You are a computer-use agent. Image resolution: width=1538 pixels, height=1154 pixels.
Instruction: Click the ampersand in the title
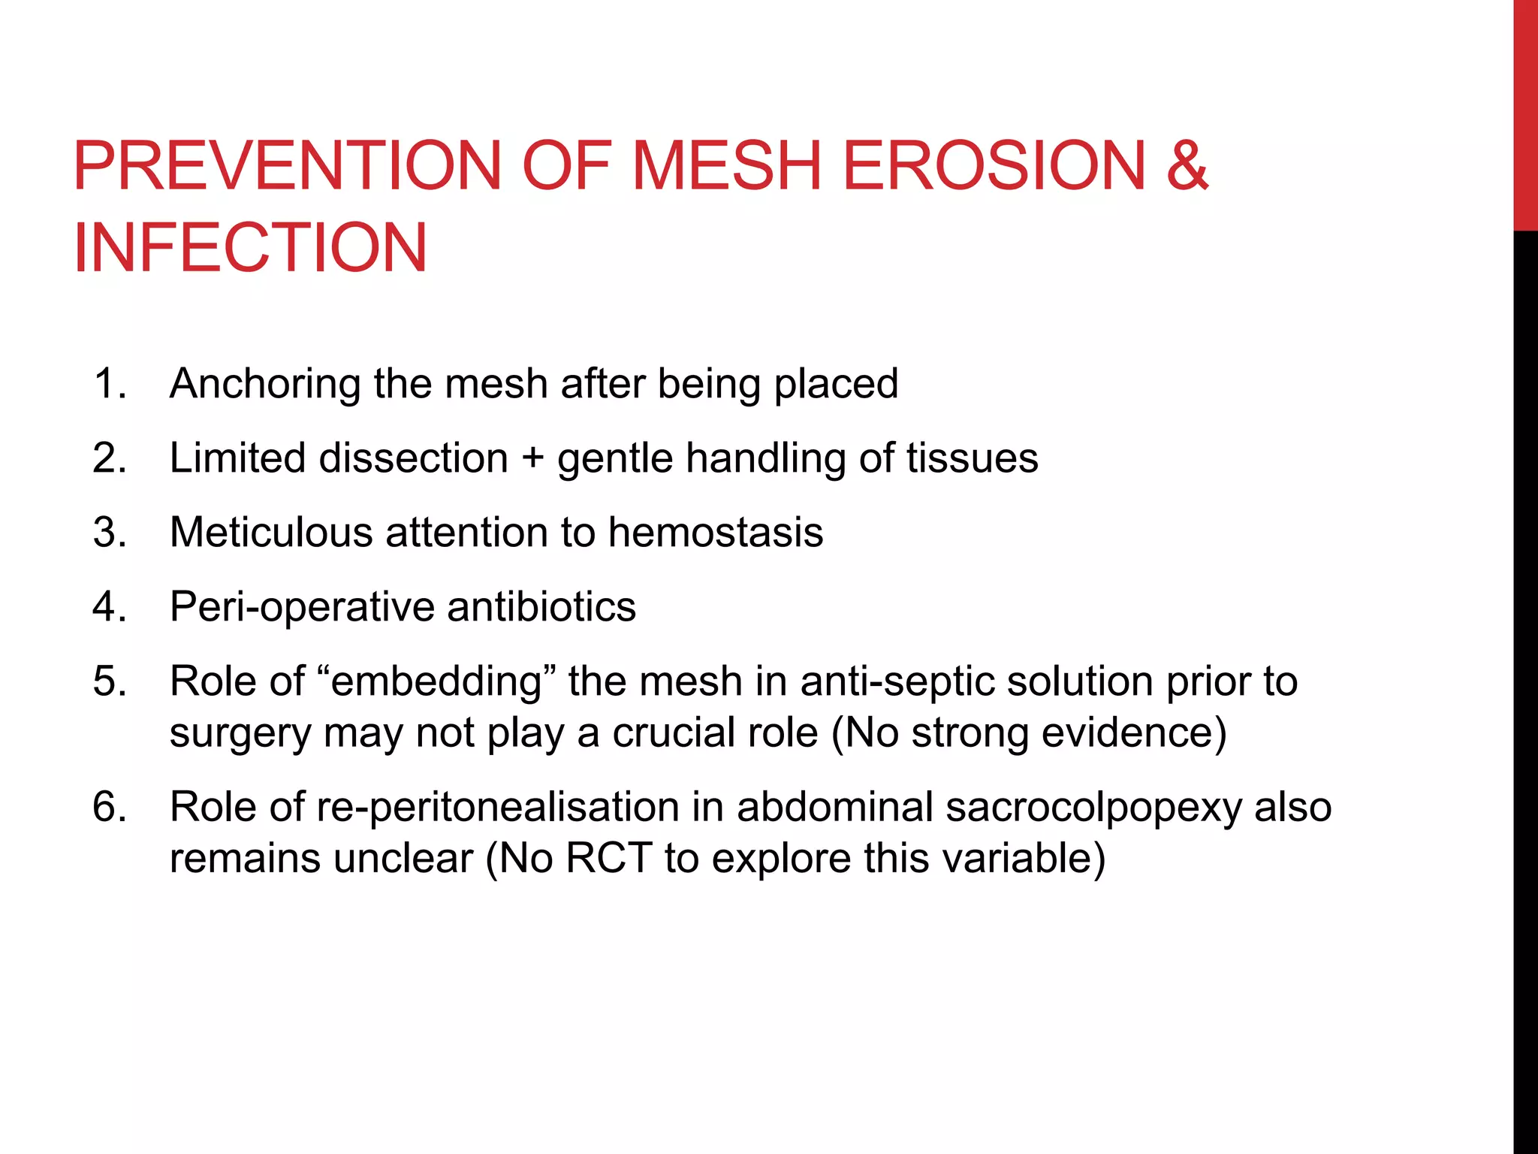point(1187,166)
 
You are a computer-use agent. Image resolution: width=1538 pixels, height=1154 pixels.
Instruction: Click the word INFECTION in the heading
point(250,249)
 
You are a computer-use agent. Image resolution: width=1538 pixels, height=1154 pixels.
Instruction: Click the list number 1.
point(109,384)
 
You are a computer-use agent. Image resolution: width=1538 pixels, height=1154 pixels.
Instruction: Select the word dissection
point(414,458)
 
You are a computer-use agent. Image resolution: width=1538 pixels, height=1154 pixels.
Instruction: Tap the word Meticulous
point(271,533)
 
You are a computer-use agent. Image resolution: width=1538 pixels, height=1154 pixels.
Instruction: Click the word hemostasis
point(715,533)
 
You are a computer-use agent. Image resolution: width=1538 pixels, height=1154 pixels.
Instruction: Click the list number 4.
point(109,607)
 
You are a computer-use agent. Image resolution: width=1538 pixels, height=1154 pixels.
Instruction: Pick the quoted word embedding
point(436,682)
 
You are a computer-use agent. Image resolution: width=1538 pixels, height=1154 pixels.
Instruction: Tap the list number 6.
point(109,808)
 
